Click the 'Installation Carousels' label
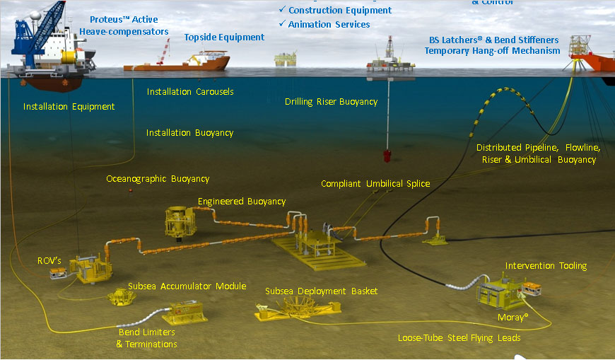(x=189, y=92)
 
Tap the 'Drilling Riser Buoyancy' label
(x=331, y=102)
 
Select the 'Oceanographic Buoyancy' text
(x=158, y=179)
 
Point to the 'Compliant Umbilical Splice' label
(x=375, y=184)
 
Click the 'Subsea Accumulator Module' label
(x=187, y=286)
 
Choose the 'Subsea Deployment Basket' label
(x=321, y=291)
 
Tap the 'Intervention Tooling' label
(x=546, y=266)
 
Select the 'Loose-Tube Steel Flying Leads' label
(x=459, y=338)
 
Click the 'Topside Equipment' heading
(x=224, y=37)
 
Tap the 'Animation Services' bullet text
(x=329, y=25)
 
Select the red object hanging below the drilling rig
(x=387, y=156)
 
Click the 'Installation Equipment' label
(x=69, y=107)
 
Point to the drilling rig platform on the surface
(x=386, y=57)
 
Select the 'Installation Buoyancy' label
(x=189, y=133)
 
